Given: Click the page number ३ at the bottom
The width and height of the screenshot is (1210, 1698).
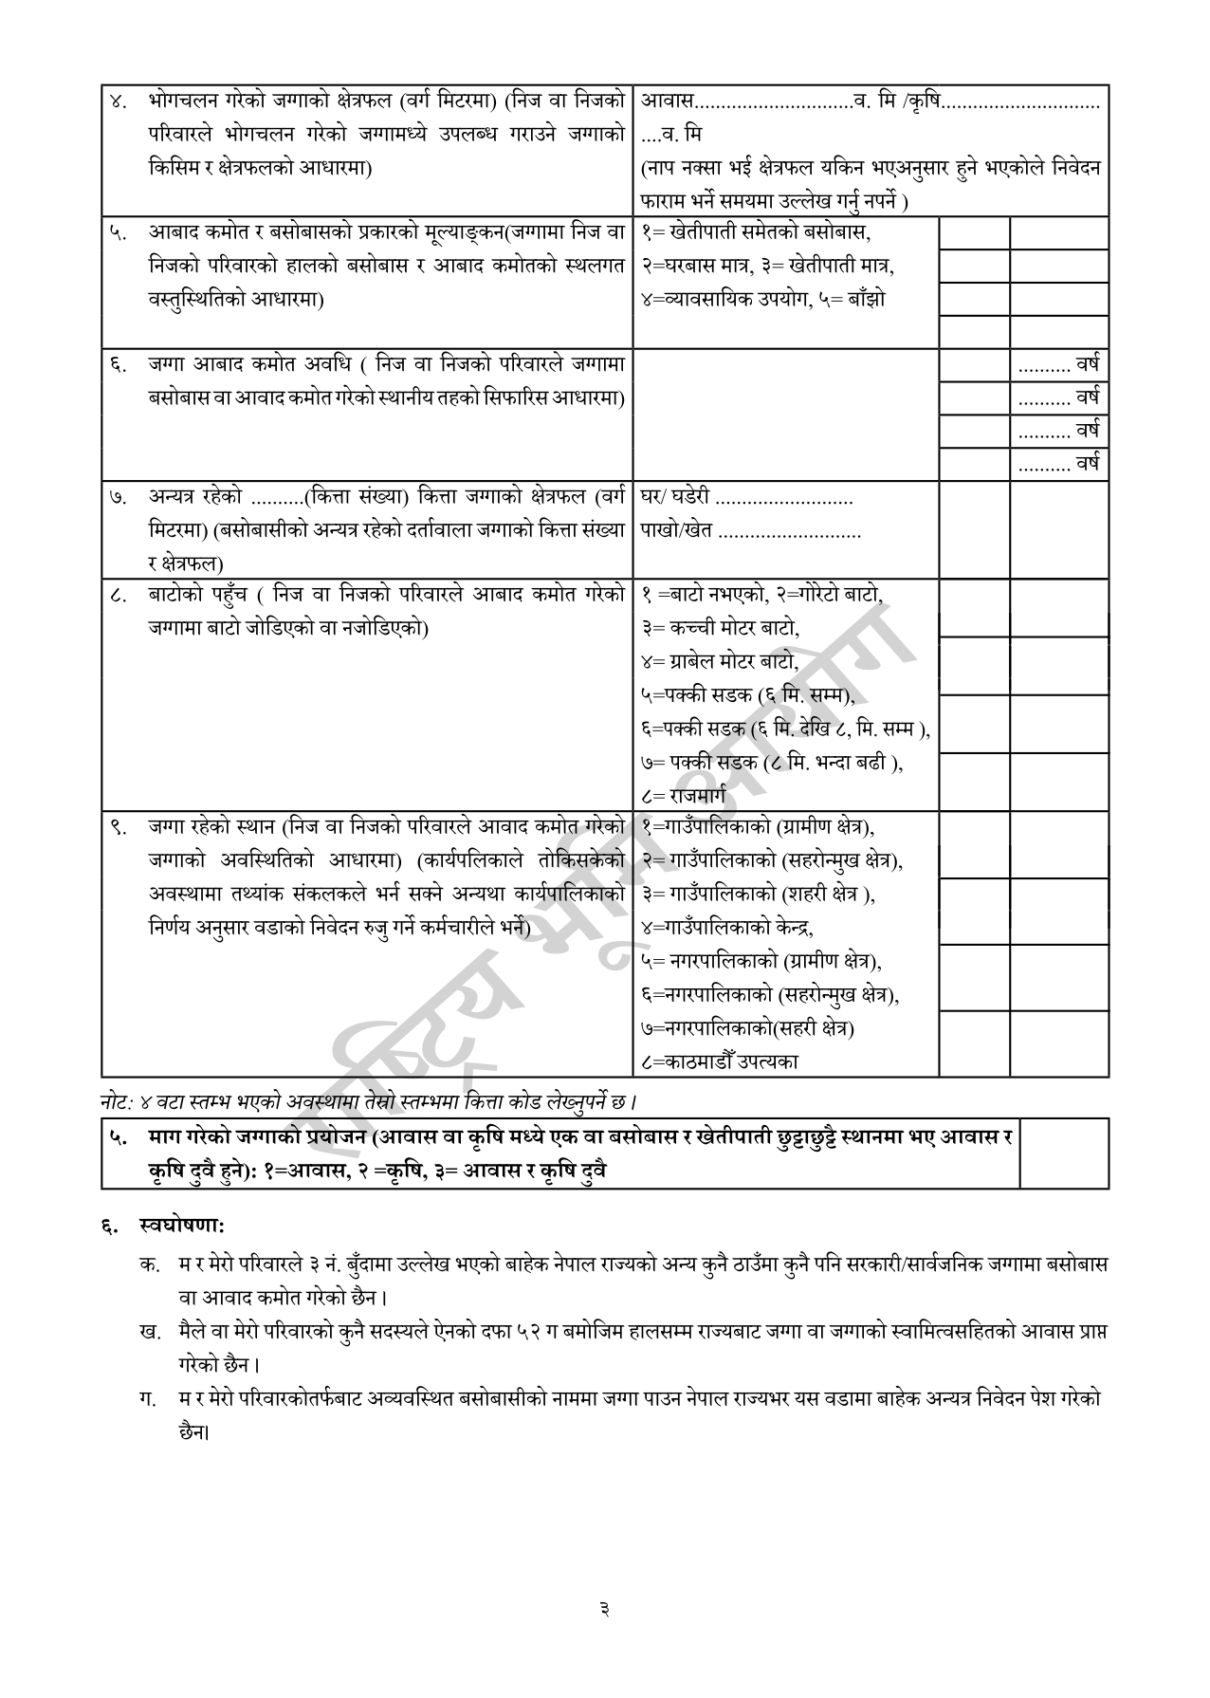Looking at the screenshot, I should coord(604,1607).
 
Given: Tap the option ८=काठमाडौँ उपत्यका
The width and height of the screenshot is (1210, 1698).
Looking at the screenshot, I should coord(720,1061).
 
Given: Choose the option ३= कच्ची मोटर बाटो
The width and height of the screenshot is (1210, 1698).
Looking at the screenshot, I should coord(720,628).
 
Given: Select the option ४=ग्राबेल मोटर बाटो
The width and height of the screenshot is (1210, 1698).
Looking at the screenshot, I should coord(719,661).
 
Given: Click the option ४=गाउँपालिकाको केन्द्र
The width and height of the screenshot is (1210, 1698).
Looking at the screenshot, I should coord(726,927).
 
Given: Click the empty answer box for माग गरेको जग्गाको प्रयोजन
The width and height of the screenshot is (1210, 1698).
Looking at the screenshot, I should coord(1063,1153).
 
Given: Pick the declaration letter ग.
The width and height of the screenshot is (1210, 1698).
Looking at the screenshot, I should coord(146,1397).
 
